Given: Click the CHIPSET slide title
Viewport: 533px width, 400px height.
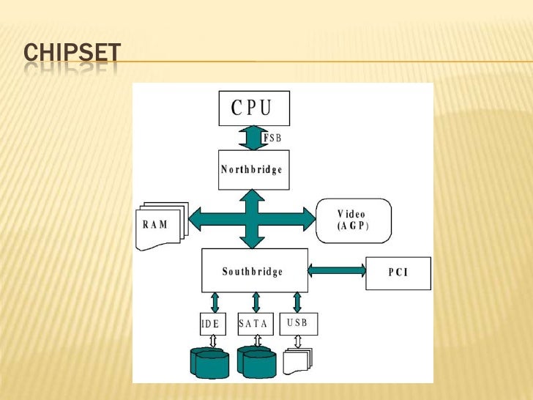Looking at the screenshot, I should (x=72, y=53).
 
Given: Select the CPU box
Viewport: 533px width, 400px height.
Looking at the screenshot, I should (x=254, y=108).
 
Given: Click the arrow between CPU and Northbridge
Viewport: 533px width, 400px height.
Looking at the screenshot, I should (x=254, y=138).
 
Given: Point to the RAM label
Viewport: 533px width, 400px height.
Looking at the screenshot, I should (x=154, y=224).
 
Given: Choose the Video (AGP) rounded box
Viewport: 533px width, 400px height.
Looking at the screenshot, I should (x=354, y=220).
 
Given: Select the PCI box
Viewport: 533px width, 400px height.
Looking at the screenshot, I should (x=398, y=273).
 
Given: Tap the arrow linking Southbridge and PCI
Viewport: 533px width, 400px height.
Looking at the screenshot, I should (x=337, y=270).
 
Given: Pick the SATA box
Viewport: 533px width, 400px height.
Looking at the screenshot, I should (x=255, y=324).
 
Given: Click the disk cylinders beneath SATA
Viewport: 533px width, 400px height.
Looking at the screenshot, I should (x=256, y=362).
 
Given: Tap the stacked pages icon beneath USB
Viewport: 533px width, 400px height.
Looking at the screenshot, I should (x=298, y=359).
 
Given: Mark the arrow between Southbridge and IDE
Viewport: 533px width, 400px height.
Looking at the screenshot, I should (x=215, y=303).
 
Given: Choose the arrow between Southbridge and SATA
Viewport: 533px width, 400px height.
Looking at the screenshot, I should (x=256, y=303).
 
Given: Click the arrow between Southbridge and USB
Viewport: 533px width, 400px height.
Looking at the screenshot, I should (x=297, y=303).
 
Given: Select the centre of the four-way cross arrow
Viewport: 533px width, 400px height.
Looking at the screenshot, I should (x=253, y=218).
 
